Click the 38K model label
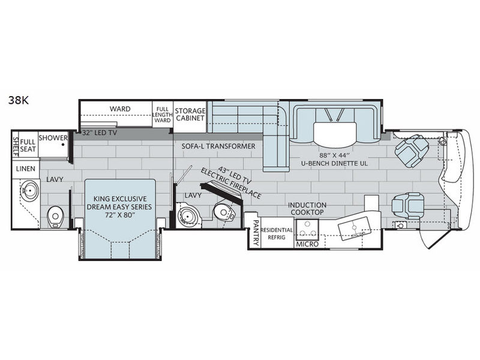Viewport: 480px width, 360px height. pos(19,100)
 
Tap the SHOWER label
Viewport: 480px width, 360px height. pos(53,138)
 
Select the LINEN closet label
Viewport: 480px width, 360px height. pos(26,169)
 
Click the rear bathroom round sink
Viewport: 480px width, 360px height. pos(29,190)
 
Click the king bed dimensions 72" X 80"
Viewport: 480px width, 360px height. pos(119,215)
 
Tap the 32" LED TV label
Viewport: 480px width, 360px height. pos(100,133)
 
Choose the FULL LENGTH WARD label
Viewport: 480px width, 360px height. pos(162,115)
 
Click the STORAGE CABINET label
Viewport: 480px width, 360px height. pos(190,114)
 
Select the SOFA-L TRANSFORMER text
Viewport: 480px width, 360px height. pos(218,146)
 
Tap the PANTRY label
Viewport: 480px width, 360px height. pos(256,233)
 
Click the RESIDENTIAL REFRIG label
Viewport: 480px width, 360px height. pos(277,233)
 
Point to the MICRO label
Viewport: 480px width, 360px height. pos(307,244)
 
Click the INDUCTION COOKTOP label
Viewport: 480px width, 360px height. pos(307,208)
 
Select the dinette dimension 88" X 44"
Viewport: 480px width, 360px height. pos(334,155)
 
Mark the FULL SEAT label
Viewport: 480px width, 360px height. pos(28,145)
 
